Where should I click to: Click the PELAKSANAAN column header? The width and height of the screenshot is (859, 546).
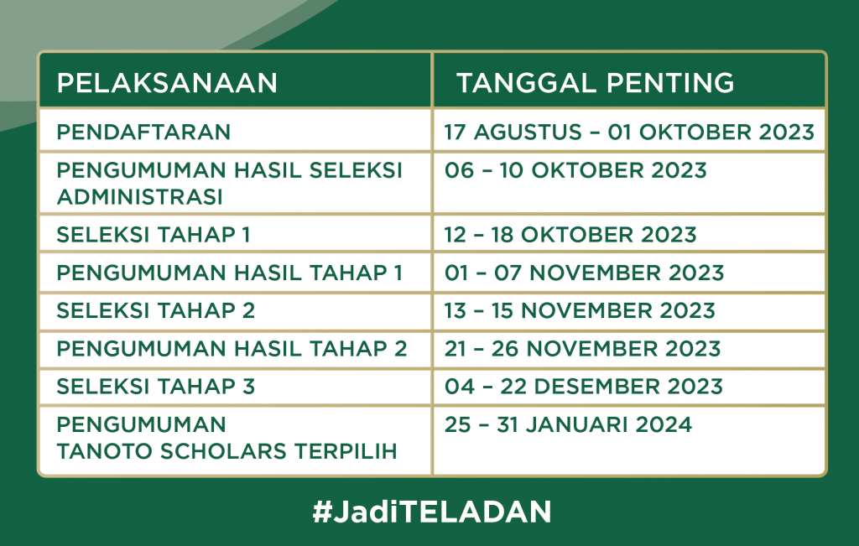(x=167, y=83)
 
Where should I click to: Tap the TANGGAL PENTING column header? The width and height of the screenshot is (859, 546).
(x=595, y=83)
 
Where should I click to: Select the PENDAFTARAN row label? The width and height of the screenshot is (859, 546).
(x=143, y=132)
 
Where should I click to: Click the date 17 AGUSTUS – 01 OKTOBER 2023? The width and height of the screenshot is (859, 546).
(x=629, y=132)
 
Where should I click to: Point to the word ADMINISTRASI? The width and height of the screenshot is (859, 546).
(x=140, y=196)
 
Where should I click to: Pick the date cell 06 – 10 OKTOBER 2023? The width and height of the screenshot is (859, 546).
(x=575, y=170)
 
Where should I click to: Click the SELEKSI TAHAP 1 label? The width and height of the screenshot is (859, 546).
(x=154, y=235)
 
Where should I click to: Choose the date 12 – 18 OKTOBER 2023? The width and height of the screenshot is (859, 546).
(x=570, y=235)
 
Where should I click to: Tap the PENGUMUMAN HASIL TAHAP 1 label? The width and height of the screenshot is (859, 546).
(x=230, y=273)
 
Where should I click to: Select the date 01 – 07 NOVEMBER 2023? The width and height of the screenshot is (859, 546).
(x=584, y=273)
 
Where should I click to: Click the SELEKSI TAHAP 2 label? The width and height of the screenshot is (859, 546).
(x=155, y=310)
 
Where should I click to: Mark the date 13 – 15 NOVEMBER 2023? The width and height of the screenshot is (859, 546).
(x=580, y=310)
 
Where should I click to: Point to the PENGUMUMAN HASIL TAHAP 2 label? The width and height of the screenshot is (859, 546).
(x=232, y=349)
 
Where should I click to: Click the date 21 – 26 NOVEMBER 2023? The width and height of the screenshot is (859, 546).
(x=582, y=349)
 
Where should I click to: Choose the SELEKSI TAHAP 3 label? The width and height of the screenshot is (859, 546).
(x=155, y=387)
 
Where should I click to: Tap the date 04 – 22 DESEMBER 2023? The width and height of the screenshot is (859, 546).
(x=584, y=387)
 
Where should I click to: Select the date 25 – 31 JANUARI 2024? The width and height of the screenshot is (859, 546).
(x=568, y=425)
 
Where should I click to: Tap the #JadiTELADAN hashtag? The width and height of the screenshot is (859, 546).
(x=432, y=512)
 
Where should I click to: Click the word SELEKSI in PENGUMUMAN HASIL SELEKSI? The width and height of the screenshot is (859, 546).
(x=356, y=170)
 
